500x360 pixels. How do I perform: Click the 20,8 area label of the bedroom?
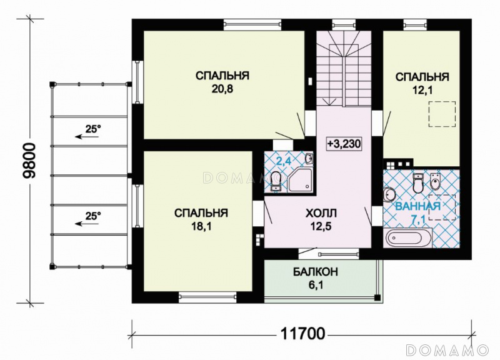222,89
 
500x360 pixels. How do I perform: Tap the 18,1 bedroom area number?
201,226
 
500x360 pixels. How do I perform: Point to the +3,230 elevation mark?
344,144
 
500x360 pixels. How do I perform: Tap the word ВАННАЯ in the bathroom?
417,206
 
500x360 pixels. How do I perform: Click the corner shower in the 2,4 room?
301,179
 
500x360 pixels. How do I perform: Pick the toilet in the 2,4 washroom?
276,180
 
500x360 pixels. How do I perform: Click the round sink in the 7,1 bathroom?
388,194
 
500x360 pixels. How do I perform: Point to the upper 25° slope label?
92,129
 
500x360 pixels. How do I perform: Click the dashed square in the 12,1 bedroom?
442,114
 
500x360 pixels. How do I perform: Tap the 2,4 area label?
283,161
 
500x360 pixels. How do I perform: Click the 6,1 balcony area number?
316,285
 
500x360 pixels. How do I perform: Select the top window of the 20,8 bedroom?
252,24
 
